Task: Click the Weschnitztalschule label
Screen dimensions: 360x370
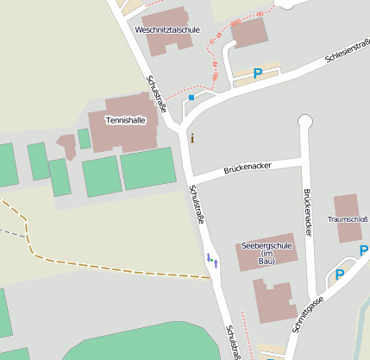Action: click(x=167, y=29)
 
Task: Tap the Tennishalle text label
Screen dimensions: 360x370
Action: click(x=124, y=120)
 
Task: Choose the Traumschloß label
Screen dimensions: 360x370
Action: click(x=348, y=219)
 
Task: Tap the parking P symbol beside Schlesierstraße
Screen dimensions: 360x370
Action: click(x=258, y=73)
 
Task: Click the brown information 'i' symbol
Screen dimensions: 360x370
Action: click(x=191, y=137)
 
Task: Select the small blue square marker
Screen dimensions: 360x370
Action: click(x=191, y=98)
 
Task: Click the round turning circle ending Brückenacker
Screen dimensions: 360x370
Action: click(x=304, y=121)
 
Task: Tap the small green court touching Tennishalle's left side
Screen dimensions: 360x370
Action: click(x=84, y=138)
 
